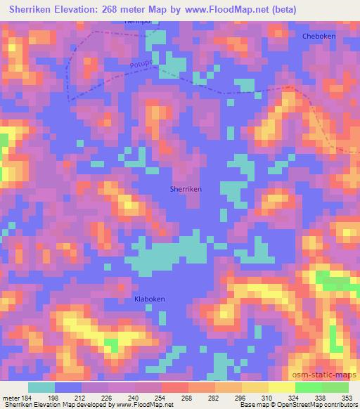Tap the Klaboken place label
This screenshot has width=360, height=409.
click(x=149, y=299)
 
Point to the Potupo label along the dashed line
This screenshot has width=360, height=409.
click(x=141, y=65)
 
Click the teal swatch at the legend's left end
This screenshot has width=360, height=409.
click(x=41, y=387)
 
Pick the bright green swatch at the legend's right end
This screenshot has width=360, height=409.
click(x=335, y=387)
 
